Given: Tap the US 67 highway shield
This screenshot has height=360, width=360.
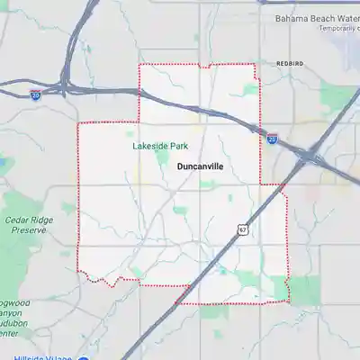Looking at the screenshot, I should point(244,229).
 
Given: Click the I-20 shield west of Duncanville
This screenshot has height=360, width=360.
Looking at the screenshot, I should point(35,93).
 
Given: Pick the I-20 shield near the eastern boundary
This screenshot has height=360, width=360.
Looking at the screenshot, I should point(273,139).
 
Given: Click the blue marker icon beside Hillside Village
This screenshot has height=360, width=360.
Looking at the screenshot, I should point(82,356).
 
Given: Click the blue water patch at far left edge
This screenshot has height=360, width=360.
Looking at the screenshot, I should point(3,166).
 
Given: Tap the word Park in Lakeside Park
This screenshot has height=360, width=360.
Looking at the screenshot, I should point(178,146).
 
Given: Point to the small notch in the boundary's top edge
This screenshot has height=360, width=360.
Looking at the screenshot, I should point(205,66).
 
